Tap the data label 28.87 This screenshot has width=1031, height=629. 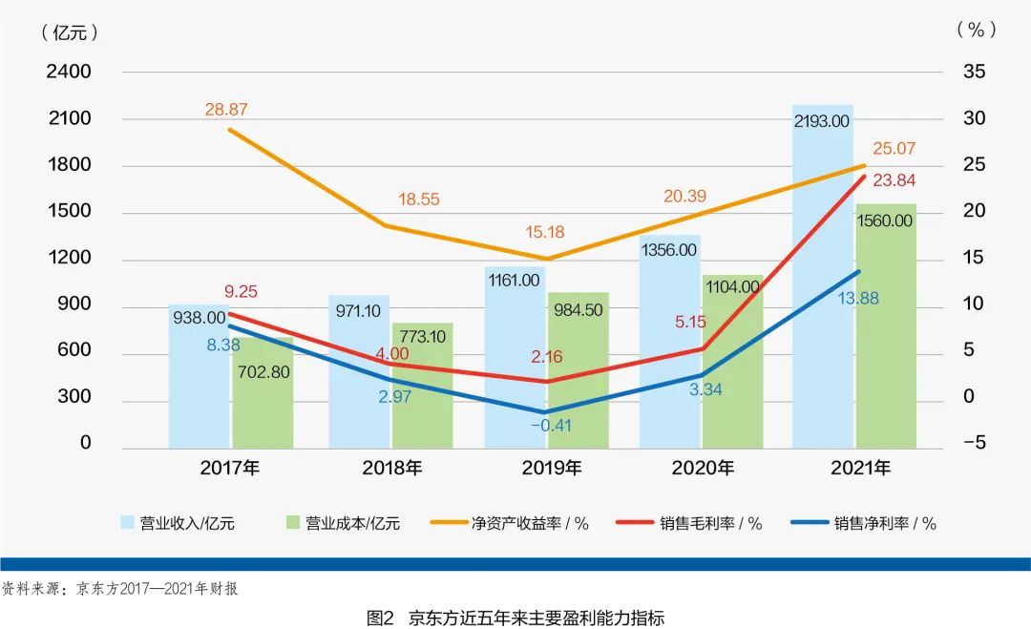coord(225,110)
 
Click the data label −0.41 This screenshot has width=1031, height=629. coord(551,426)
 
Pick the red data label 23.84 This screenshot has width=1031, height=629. coord(887,180)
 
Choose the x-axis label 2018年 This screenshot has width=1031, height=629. coord(391,469)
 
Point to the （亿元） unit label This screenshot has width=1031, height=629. coord(70,31)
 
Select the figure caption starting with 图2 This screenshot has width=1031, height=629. coord(515,618)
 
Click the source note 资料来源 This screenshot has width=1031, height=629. coord(119,588)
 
